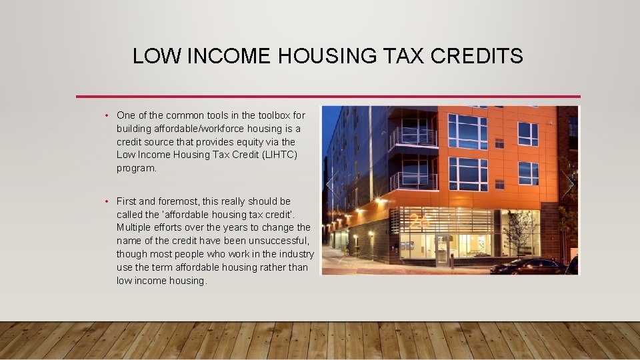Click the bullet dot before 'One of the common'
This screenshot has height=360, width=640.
(x=107, y=115)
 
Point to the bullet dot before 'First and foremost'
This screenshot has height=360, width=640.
(x=107, y=201)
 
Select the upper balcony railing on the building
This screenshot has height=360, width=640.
(x=413, y=137)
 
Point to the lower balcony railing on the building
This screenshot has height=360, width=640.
(x=413, y=181)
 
